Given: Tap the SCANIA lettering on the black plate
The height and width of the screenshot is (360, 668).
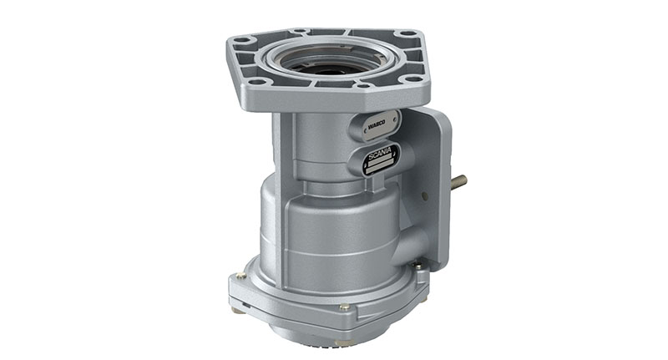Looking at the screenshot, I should (x=381, y=156).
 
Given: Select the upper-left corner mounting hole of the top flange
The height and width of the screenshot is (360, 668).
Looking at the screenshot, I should (x=242, y=39).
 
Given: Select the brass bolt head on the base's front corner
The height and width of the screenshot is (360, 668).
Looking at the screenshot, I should (x=343, y=307).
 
